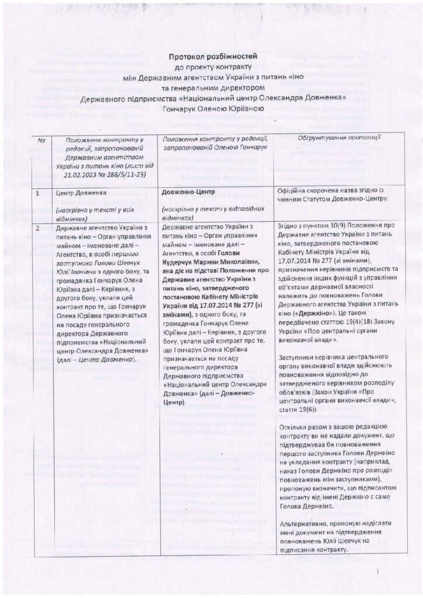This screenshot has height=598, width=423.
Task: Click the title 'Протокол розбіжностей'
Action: tap(213, 56)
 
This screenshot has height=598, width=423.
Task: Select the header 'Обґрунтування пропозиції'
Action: tap(331, 138)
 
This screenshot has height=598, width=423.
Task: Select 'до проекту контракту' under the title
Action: tap(213, 67)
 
